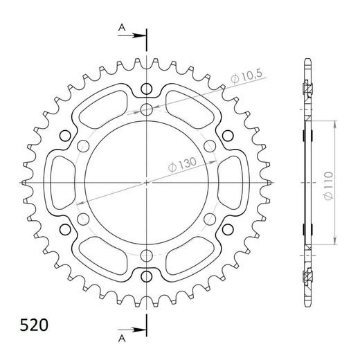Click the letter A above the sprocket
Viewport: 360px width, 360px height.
[x=122, y=28]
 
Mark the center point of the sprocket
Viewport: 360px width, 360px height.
[x=147, y=182]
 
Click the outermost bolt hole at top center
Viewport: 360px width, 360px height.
[x=147, y=88]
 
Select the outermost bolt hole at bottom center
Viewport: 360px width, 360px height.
[x=147, y=276]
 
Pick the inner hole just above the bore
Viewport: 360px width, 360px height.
[x=147, y=109]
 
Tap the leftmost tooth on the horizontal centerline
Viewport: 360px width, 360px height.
[x=24, y=182]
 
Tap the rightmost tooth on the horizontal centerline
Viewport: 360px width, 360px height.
[x=270, y=182]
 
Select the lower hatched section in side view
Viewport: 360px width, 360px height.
[x=305, y=277]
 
